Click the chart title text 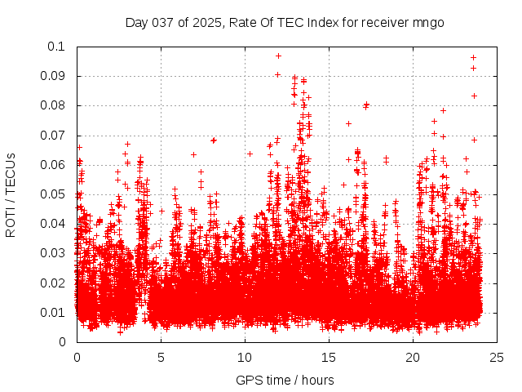click(x=285, y=22)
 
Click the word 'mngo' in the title click(x=428, y=22)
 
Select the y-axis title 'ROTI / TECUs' click(x=11, y=194)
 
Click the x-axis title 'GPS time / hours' click(x=285, y=380)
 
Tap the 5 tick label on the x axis click(x=161, y=357)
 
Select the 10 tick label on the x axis click(x=245, y=357)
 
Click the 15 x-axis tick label click(x=329, y=357)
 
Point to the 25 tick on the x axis click(x=497, y=357)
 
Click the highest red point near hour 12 click(x=278, y=56)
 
